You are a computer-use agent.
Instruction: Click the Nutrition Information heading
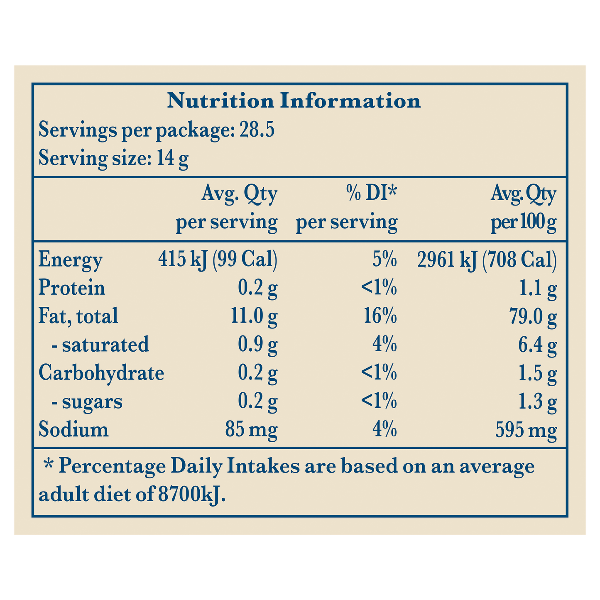tap(294, 101)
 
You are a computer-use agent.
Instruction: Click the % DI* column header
tap(372, 194)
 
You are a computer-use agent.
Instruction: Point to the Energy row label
tap(70, 260)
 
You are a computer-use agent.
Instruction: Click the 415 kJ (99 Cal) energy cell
tap(218, 260)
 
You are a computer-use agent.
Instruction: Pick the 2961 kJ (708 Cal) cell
tap(486, 260)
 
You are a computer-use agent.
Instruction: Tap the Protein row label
tap(72, 288)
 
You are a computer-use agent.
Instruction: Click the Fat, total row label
tap(78, 316)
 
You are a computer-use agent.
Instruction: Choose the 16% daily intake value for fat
tap(379, 316)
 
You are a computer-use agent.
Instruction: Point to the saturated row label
tap(100, 345)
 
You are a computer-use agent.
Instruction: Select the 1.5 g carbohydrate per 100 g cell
tap(537, 373)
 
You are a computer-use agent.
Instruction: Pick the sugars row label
tap(87, 402)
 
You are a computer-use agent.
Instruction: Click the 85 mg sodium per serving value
tap(251, 430)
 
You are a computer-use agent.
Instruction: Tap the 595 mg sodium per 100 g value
tap(526, 430)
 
